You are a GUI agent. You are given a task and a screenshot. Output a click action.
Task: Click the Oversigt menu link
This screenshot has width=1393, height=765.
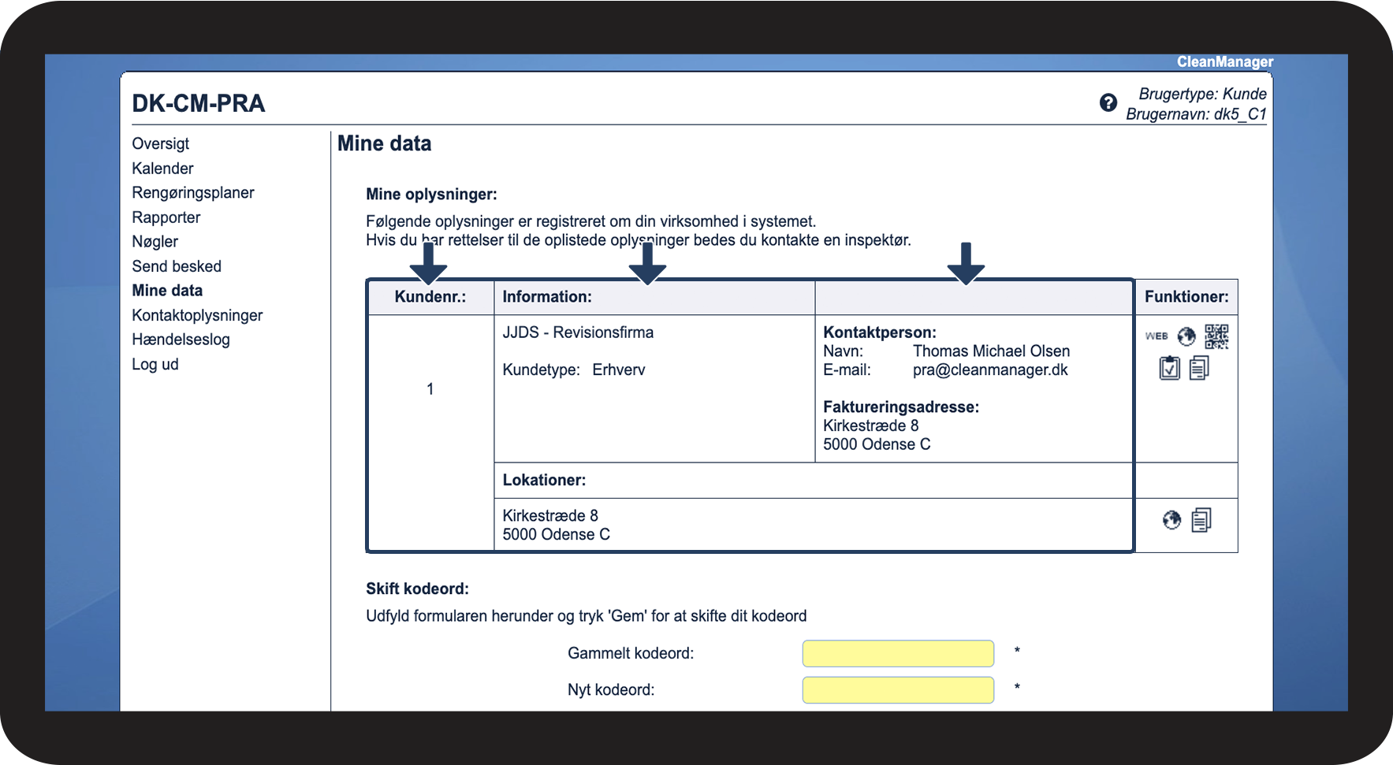pyautogui.click(x=161, y=143)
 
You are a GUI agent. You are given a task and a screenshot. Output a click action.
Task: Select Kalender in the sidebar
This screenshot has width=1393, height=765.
pyautogui.click(x=162, y=168)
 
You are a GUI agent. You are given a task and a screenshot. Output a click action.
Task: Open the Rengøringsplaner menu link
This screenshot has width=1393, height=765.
pyautogui.click(x=193, y=193)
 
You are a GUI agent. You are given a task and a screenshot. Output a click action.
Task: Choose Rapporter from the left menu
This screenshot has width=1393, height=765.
pyautogui.click(x=166, y=217)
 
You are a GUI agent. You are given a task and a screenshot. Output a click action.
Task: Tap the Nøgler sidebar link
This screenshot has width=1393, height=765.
pyautogui.click(x=155, y=242)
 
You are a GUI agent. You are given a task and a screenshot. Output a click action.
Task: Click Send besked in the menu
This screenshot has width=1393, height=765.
pyautogui.click(x=177, y=266)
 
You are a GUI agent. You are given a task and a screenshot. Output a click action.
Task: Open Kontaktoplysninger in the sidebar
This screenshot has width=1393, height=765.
pyautogui.click(x=197, y=315)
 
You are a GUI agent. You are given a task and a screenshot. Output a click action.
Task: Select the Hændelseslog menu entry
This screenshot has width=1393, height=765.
pyautogui.click(x=181, y=340)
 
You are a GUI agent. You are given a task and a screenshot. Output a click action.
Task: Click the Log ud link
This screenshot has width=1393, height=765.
pyautogui.click(x=155, y=364)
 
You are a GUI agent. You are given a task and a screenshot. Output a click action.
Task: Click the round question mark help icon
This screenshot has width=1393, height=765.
pyautogui.click(x=1108, y=102)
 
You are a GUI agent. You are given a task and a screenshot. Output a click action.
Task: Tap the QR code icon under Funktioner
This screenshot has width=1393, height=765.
pyautogui.click(x=1216, y=336)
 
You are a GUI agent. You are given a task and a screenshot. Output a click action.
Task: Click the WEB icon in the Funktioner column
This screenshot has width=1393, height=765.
pyautogui.click(x=1156, y=336)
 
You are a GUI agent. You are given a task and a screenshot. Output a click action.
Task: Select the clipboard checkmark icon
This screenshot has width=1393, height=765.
pyautogui.click(x=1170, y=368)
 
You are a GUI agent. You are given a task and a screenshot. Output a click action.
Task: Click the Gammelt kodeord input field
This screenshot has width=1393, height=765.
pyautogui.click(x=898, y=653)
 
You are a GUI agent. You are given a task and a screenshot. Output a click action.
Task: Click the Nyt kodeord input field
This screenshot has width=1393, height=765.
pyautogui.click(x=898, y=690)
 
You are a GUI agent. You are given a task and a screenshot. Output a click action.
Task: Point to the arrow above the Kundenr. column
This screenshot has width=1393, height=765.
pyautogui.click(x=429, y=263)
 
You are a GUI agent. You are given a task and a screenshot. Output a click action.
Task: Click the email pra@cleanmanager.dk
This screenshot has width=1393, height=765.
pyautogui.click(x=990, y=370)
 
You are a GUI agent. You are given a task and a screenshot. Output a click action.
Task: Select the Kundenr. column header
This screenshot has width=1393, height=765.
pyautogui.click(x=430, y=297)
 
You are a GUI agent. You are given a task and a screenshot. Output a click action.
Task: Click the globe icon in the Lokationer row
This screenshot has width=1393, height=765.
pyautogui.click(x=1172, y=520)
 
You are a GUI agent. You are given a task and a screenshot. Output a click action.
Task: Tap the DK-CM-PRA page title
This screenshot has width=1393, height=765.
pyautogui.click(x=199, y=103)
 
